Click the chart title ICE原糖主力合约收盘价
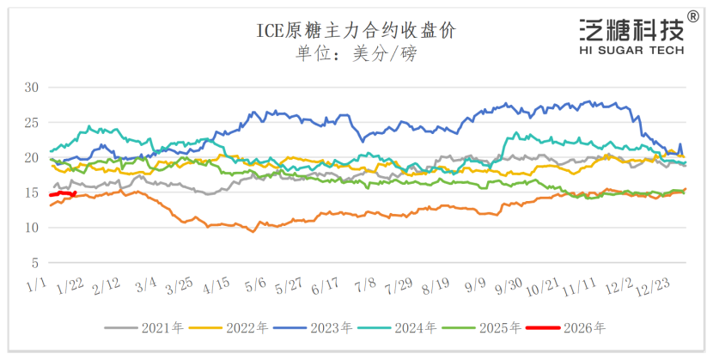click(x=356, y=31)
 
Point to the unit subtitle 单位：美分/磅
click(x=356, y=53)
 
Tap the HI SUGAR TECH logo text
click(x=631, y=51)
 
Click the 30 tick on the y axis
click(x=32, y=87)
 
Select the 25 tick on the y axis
click(x=32, y=122)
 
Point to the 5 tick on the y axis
click(x=35, y=262)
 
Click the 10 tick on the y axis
click(x=32, y=227)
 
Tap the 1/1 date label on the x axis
click(x=37, y=284)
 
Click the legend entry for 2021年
click(x=143, y=327)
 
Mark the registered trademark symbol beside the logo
click(x=692, y=16)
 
